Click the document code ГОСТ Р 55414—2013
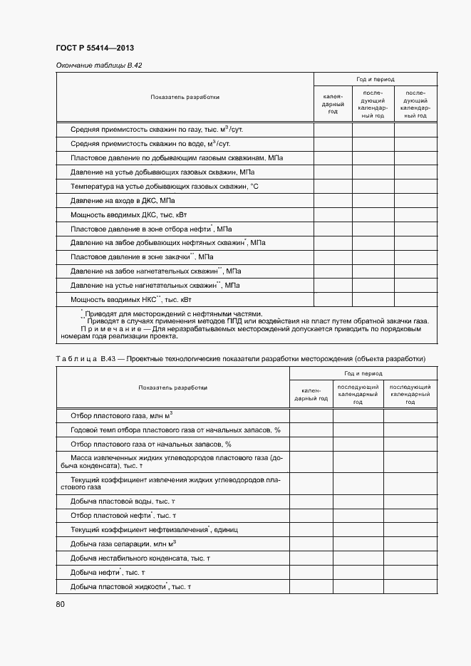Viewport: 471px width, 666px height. click(x=95, y=48)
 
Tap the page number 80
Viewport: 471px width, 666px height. click(x=60, y=605)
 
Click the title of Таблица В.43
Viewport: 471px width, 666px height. click(x=240, y=358)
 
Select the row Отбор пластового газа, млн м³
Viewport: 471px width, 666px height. click(x=122, y=415)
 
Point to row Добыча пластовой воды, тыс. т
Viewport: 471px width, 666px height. click(x=123, y=501)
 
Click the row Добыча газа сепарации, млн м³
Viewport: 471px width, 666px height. click(x=123, y=544)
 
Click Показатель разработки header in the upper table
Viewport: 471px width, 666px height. click(x=185, y=97)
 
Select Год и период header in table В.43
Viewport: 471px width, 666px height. click(x=363, y=373)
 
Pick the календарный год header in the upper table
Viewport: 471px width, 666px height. click(x=333, y=103)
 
